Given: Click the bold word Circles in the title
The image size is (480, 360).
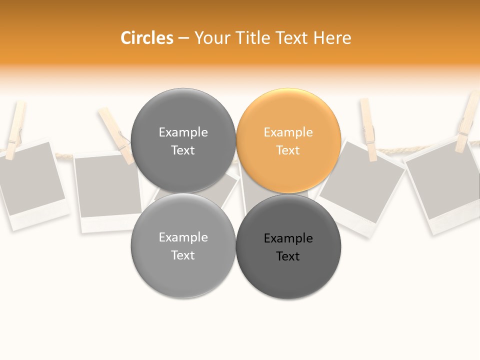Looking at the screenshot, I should click(x=146, y=38).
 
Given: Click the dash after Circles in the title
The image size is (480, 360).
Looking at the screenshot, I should click(x=183, y=38).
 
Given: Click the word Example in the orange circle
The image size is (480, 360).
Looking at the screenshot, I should click(x=288, y=132).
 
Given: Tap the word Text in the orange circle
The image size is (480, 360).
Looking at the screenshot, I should click(x=288, y=150).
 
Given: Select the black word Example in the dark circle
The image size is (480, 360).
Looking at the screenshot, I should click(x=288, y=238).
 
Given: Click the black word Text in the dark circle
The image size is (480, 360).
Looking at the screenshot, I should click(x=288, y=256).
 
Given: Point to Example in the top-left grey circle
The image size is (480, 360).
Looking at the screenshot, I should click(x=183, y=132).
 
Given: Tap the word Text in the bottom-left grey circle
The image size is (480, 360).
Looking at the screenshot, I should click(x=183, y=255).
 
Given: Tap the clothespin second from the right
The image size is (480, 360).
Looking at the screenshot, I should click(x=368, y=129).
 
